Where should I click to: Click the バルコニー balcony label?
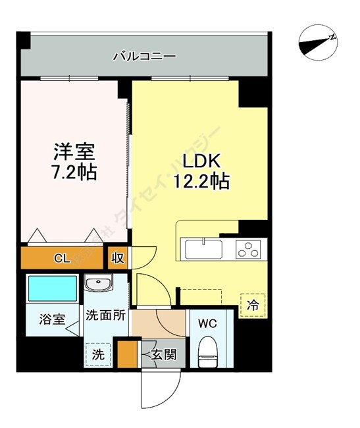pos(144,56)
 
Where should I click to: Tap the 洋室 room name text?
pos(74,151)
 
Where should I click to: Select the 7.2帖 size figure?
pos(74,173)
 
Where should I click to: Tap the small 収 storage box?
pos(118,257)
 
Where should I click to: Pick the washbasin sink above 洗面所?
pos(99,284)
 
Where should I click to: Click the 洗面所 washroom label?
pos(105,315)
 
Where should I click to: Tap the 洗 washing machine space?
pos(97,354)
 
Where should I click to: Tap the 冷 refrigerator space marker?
pos(253,305)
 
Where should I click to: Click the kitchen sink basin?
pos(204,250)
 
